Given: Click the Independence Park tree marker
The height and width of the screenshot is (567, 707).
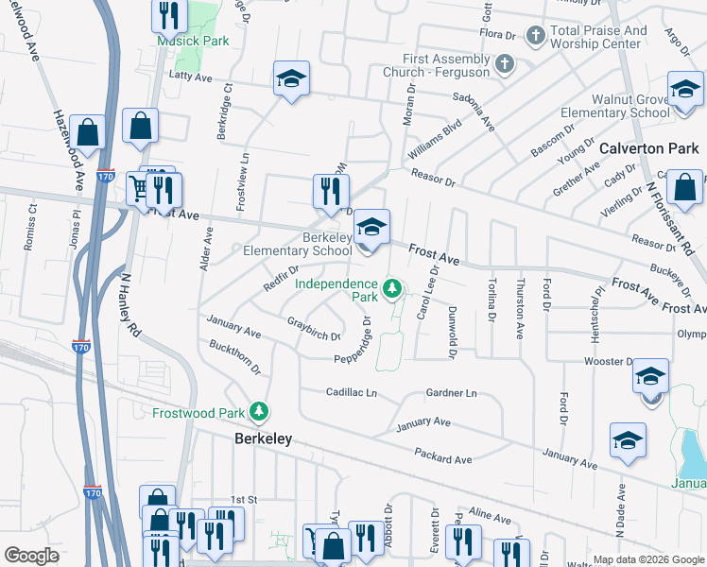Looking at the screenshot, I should [391, 286].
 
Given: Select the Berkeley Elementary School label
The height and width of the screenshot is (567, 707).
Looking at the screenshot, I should [298, 244].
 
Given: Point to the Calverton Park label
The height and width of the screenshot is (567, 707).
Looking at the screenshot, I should [648, 148].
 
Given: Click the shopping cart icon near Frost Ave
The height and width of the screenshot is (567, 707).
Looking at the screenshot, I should [140, 188].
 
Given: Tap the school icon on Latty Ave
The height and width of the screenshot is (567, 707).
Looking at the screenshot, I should [292, 79].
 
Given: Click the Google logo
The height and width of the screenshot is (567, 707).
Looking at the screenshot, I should [31, 556].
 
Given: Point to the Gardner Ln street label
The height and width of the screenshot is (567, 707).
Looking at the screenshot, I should [451, 392].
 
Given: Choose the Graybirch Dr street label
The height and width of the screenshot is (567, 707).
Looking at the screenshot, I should [313, 329].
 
